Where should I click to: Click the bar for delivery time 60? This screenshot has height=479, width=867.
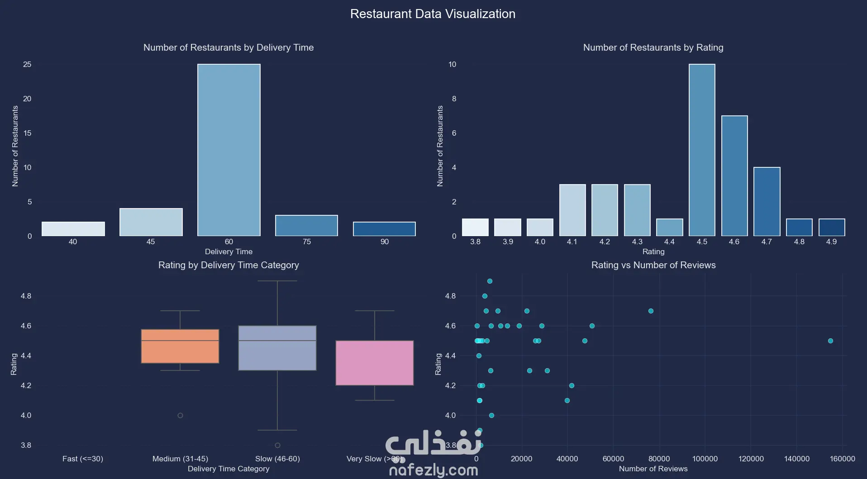tap(229, 150)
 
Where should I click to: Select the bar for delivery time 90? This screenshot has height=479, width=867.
tap(384, 229)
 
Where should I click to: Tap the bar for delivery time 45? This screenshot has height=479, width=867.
tap(151, 222)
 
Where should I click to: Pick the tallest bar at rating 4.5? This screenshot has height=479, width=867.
tap(702, 150)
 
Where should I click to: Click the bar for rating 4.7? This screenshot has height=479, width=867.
tap(767, 202)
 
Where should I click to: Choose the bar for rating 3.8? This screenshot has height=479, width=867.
tap(475, 228)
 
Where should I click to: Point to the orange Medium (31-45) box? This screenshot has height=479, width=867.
tap(180, 346)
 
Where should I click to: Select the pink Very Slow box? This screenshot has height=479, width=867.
tap(375, 363)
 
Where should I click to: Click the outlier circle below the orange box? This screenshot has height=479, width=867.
tap(180, 415)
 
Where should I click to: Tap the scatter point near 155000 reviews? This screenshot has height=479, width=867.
tap(830, 341)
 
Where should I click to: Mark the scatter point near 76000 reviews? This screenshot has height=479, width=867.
tap(651, 311)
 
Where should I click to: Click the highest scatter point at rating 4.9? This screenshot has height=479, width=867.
tap(490, 281)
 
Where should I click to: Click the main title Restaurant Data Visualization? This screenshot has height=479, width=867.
tap(433, 14)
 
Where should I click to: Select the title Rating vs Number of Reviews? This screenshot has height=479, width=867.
tap(653, 265)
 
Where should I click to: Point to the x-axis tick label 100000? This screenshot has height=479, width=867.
tap(705, 459)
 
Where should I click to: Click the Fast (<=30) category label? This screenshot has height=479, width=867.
tap(83, 459)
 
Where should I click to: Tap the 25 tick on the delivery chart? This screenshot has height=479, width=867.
tap(27, 65)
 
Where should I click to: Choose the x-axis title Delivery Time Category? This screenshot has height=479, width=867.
tap(229, 469)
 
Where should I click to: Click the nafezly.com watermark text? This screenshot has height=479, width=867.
tap(433, 470)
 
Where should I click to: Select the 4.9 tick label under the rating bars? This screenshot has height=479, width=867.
tap(831, 242)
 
